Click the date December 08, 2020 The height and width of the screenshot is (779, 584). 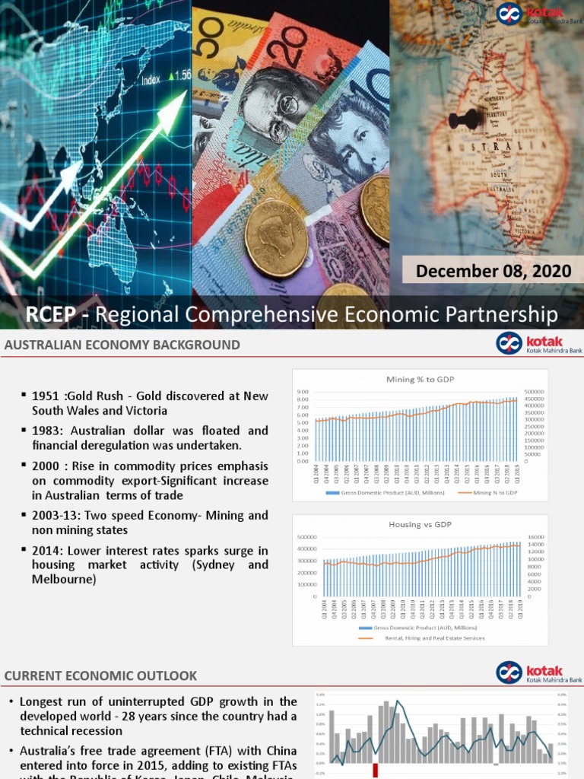tap(494, 270)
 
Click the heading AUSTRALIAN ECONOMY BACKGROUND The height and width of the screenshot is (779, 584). tap(122, 345)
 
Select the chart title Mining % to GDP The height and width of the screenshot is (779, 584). tap(415, 378)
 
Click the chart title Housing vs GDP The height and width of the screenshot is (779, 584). tap(415, 524)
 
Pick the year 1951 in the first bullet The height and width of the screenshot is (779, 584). tap(45, 396)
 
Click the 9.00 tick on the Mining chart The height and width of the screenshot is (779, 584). tap(301, 391)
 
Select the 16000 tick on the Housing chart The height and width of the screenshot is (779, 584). tap(535, 537)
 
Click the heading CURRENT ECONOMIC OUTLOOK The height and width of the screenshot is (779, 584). tap(101, 676)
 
